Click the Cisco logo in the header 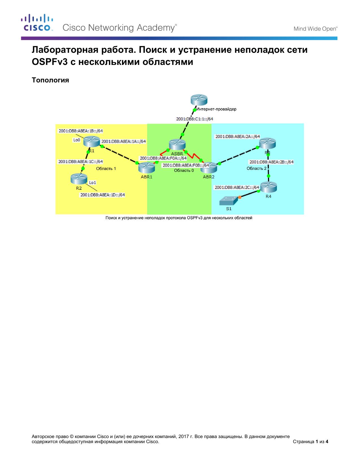point(37,23)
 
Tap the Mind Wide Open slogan point(315,29)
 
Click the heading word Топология point(51,80)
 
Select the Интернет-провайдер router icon point(199,100)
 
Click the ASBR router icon point(177,144)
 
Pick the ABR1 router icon point(147,168)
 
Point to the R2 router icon point(79,179)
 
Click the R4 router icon point(269,187)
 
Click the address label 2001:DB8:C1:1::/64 point(195,119)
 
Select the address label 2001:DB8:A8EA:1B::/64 point(81,131)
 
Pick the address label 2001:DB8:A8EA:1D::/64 point(102,195)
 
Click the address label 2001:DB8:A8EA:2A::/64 point(237,137)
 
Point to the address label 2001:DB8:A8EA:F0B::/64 point(186,165)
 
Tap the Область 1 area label point(106,169)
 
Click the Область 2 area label point(257,168)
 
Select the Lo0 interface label point(77,140)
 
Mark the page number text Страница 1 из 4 point(310,441)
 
